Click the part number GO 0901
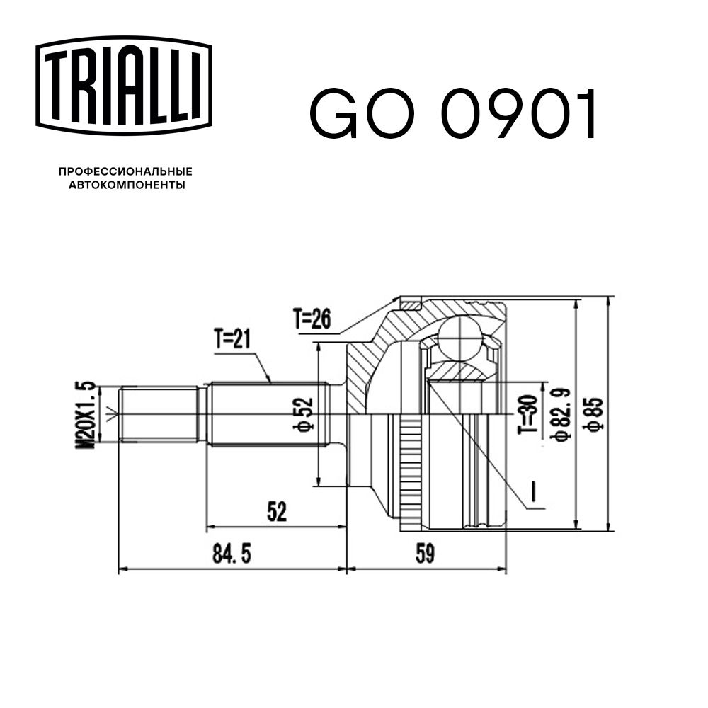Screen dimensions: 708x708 (453, 114)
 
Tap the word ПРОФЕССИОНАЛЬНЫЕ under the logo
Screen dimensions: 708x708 (125, 171)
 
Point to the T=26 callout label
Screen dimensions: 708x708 (312, 320)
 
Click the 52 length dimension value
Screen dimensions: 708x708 (277, 512)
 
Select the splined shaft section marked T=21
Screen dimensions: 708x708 (269, 414)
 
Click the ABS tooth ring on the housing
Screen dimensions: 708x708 (409, 467)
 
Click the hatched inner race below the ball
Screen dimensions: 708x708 (460, 370)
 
